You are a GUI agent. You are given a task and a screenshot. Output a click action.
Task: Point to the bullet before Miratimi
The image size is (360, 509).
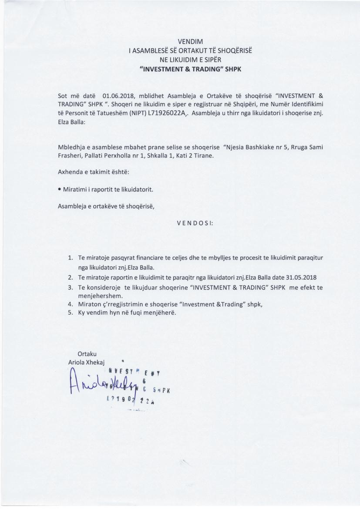[59, 189]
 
